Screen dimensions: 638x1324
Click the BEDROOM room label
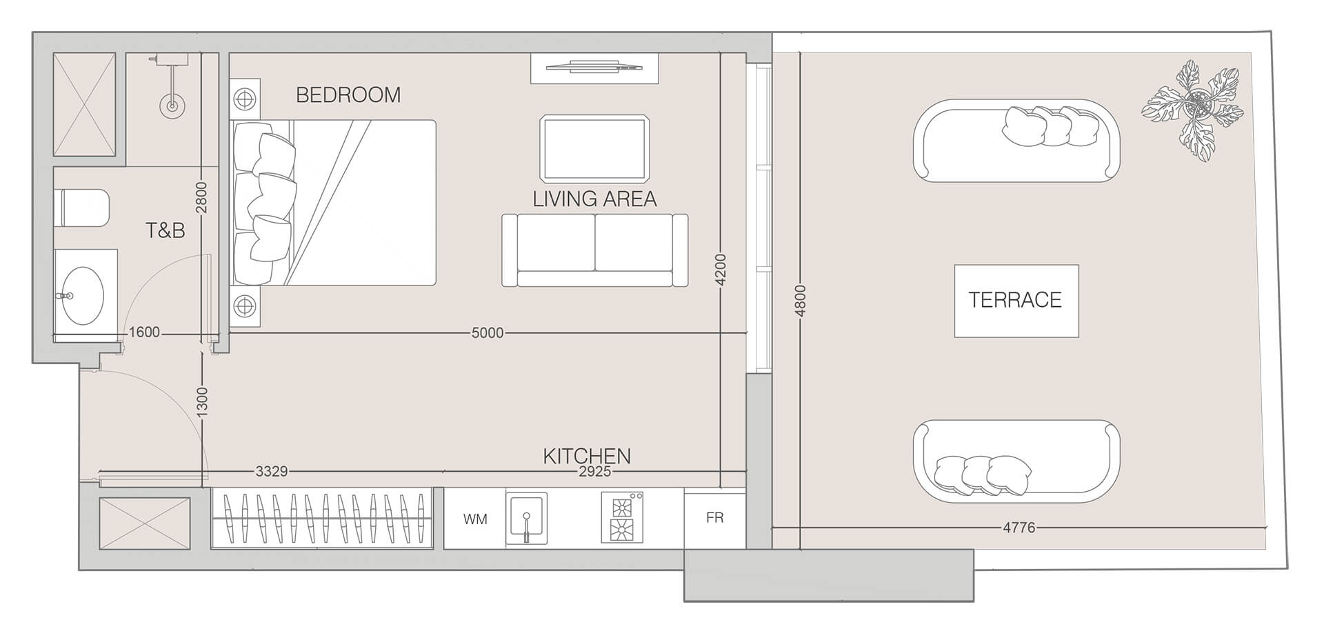[x=348, y=95]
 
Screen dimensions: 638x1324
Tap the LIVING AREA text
[x=594, y=199]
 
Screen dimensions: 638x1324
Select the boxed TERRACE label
[x=1016, y=301]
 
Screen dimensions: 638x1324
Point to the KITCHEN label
[x=587, y=456]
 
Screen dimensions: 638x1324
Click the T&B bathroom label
[x=165, y=231]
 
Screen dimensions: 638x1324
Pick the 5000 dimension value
[x=488, y=333]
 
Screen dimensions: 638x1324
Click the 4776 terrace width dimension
[x=1019, y=528]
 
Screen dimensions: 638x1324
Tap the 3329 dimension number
[x=271, y=472]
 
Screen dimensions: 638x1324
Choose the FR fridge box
[x=714, y=518]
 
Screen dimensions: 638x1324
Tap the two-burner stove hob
[x=622, y=517]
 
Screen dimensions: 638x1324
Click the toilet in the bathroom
[x=82, y=208]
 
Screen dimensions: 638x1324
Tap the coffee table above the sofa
[x=595, y=148]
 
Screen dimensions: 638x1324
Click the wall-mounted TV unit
[x=594, y=68]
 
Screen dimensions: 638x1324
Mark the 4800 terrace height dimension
[x=801, y=301]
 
